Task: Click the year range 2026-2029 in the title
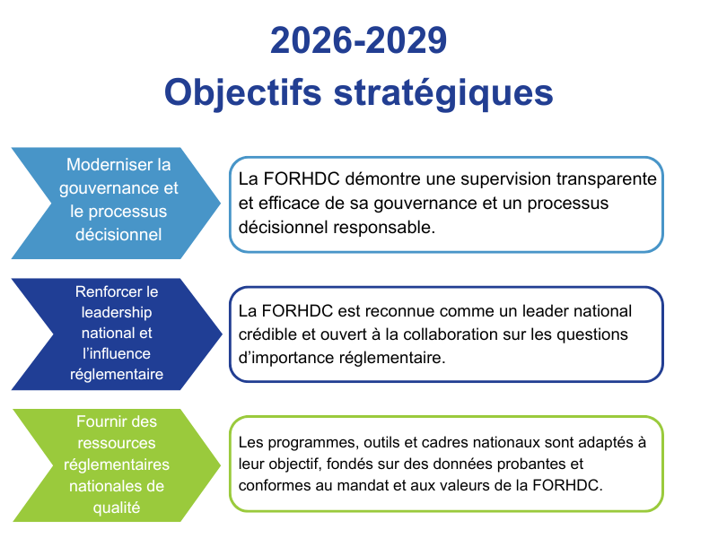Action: click(x=358, y=40)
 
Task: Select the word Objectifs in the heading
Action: click(x=243, y=93)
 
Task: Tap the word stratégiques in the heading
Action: click(x=443, y=93)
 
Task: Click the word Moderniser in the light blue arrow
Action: click(x=102, y=165)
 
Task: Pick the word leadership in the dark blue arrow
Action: click(x=117, y=313)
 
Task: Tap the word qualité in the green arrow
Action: click(x=117, y=508)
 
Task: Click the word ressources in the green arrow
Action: click(x=117, y=443)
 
